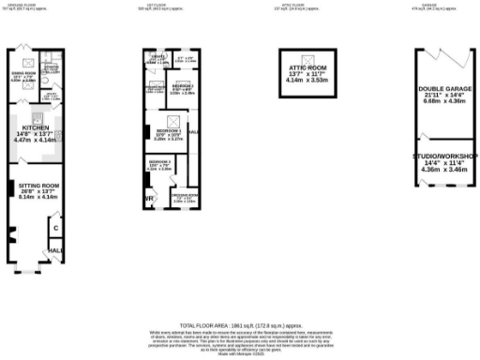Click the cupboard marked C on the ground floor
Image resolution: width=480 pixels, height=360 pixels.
point(55,229)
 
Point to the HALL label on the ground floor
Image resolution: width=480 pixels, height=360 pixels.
point(54,250)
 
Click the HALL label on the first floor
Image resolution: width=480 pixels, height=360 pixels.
point(194,132)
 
